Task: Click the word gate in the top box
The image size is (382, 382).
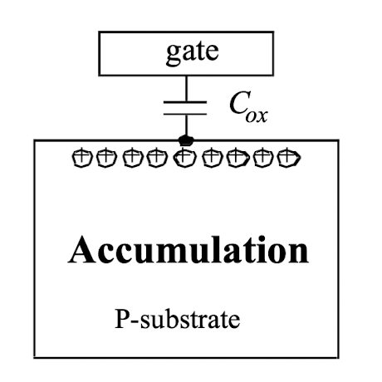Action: pyautogui.click(x=193, y=53)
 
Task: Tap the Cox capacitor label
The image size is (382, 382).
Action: pyautogui.click(x=248, y=107)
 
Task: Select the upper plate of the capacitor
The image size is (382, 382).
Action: pyautogui.click(x=185, y=102)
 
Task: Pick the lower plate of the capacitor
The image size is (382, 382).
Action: pyautogui.click(x=185, y=114)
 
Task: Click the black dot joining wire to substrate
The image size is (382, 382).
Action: pyautogui.click(x=186, y=140)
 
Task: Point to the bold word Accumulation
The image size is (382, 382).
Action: pyautogui.click(x=189, y=250)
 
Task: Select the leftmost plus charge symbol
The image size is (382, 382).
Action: pyautogui.click(x=82, y=158)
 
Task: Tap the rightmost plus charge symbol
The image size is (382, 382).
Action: pyautogui.click(x=289, y=158)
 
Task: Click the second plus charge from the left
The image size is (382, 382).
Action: pyautogui.click(x=106, y=158)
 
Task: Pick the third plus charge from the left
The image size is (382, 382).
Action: pyautogui.click(x=133, y=158)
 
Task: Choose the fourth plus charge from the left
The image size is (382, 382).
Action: pyautogui.click(x=157, y=158)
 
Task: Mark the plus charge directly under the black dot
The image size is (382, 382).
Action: pyautogui.click(x=184, y=158)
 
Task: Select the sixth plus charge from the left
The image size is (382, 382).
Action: pyautogui.click(x=213, y=158)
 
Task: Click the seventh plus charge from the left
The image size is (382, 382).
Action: pyautogui.click(x=238, y=158)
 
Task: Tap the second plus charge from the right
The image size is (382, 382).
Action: pyautogui.click(x=262, y=158)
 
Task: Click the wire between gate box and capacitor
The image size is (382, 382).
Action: pyautogui.click(x=186, y=88)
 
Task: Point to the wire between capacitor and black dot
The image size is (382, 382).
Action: pyautogui.click(x=186, y=125)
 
